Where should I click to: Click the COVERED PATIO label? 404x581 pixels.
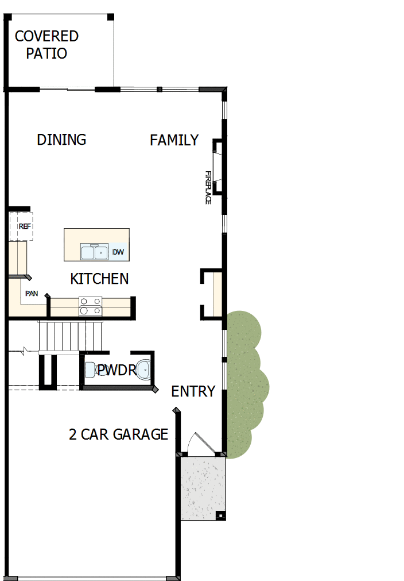pyautogui.click(x=46, y=45)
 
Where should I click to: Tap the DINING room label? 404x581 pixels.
pyautogui.click(x=61, y=140)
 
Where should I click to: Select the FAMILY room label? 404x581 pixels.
pyautogui.click(x=174, y=140)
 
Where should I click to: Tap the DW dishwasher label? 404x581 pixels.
pyautogui.click(x=118, y=252)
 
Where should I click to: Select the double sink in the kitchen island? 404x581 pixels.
pyautogui.click(x=94, y=252)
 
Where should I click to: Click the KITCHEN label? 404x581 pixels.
pyautogui.click(x=99, y=279)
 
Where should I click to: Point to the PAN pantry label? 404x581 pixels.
pyautogui.click(x=32, y=294)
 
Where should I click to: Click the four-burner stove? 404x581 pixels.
pyautogui.click(x=90, y=306)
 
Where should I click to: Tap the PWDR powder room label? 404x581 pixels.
pyautogui.click(x=116, y=371)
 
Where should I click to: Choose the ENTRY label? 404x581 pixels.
pyautogui.click(x=193, y=391)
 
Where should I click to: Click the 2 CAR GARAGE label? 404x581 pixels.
pyautogui.click(x=118, y=434)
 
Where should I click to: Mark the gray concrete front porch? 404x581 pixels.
pyautogui.click(x=203, y=488)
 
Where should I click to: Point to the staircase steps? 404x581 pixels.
pyautogui.click(x=64, y=336)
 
